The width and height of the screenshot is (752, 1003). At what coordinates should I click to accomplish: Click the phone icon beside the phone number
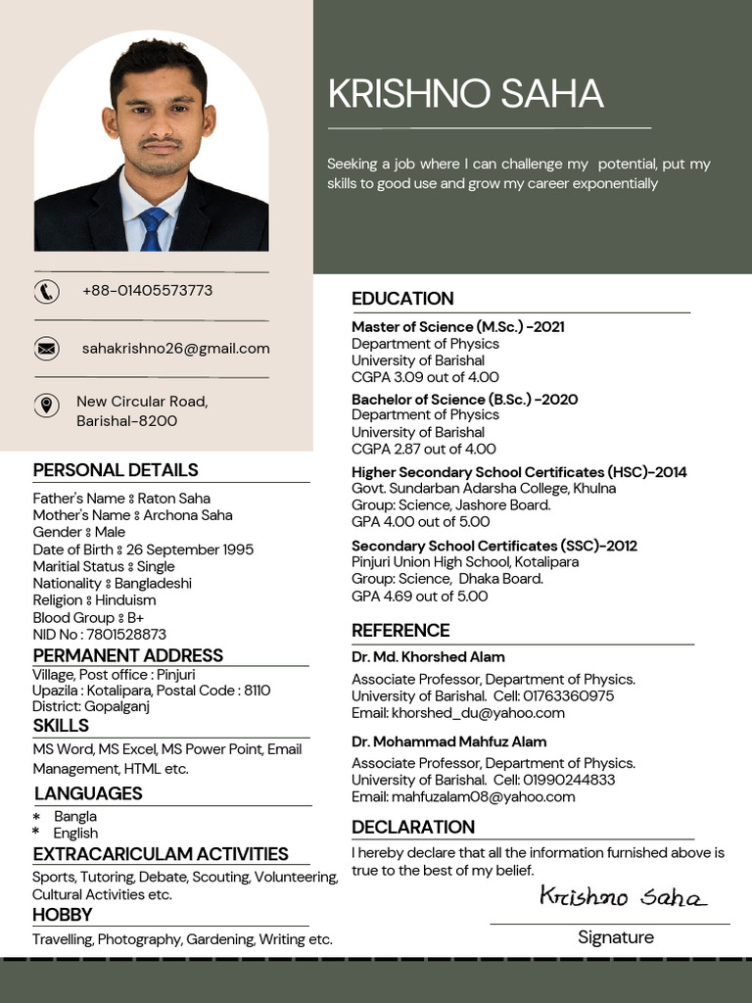click(x=46, y=291)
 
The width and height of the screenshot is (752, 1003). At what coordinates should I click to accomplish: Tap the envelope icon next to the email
click(x=46, y=348)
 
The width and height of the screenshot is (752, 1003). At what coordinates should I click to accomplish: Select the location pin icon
click(x=46, y=406)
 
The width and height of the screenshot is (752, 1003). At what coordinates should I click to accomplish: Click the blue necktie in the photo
click(x=152, y=228)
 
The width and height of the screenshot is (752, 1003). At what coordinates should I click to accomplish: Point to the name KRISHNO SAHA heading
click(x=465, y=94)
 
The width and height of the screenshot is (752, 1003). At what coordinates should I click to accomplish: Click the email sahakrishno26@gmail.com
click(x=175, y=349)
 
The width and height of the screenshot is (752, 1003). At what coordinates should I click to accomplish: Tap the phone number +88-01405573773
click(x=147, y=291)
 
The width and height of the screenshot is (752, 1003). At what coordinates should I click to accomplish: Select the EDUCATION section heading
click(x=402, y=299)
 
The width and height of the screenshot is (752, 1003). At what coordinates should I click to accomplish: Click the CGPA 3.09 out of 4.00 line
click(x=425, y=377)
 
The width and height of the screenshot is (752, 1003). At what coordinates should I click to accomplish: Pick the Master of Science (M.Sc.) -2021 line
click(x=457, y=327)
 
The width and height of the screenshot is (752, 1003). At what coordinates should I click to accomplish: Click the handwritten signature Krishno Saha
click(x=623, y=896)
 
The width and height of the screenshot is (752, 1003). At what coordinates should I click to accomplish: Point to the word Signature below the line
click(x=615, y=937)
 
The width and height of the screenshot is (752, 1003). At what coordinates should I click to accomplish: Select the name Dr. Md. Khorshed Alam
click(x=428, y=657)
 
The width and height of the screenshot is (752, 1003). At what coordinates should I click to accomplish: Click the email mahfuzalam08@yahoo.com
click(x=463, y=797)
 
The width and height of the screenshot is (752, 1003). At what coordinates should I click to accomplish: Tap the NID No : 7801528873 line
click(x=99, y=635)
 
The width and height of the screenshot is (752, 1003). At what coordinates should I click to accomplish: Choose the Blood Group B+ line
click(x=88, y=618)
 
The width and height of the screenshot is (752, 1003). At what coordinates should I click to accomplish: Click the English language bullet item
click(x=75, y=834)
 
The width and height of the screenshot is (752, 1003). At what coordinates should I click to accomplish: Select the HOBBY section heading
click(x=63, y=915)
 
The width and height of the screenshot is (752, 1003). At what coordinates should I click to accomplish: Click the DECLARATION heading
click(x=412, y=827)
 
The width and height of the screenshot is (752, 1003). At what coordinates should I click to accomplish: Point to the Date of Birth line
click(x=143, y=549)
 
